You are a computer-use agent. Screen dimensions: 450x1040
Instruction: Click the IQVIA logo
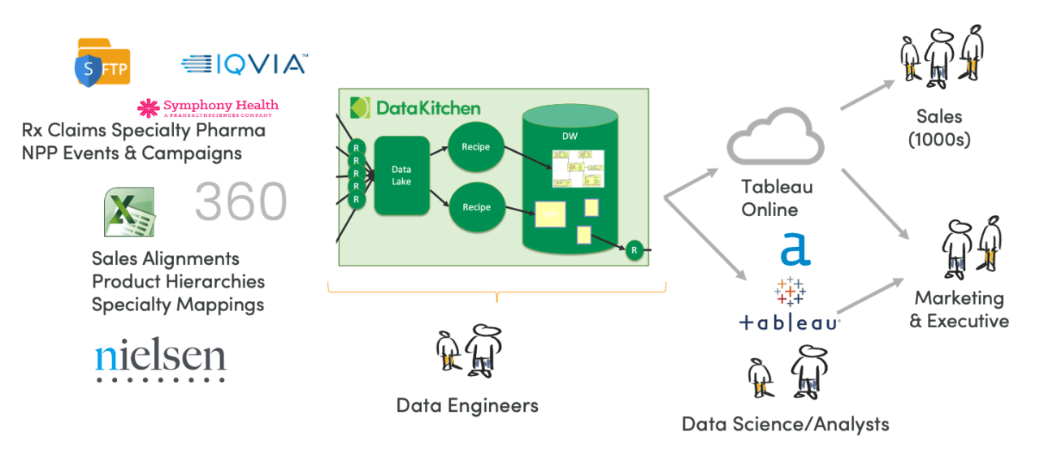tap(244, 64)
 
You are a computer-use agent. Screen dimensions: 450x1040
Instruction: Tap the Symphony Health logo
tap(208, 107)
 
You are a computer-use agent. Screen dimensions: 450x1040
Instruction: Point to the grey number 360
tap(240, 201)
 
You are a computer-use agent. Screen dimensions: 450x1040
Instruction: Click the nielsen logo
tap(160, 358)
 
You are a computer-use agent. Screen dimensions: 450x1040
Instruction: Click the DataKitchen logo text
tap(416, 107)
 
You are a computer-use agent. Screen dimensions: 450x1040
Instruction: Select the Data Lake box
tap(401, 175)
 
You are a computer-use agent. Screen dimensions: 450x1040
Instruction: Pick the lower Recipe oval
tap(476, 207)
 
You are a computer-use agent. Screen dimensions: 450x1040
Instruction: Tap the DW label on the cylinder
tap(569, 136)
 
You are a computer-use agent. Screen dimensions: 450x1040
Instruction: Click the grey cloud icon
tap(775, 139)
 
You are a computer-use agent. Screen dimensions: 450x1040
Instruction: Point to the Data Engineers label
tap(467, 405)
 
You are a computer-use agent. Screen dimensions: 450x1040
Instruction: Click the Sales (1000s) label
tap(939, 128)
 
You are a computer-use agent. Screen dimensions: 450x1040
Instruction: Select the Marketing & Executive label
tap(959, 309)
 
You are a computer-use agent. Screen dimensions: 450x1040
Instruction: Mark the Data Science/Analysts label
tap(785, 424)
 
